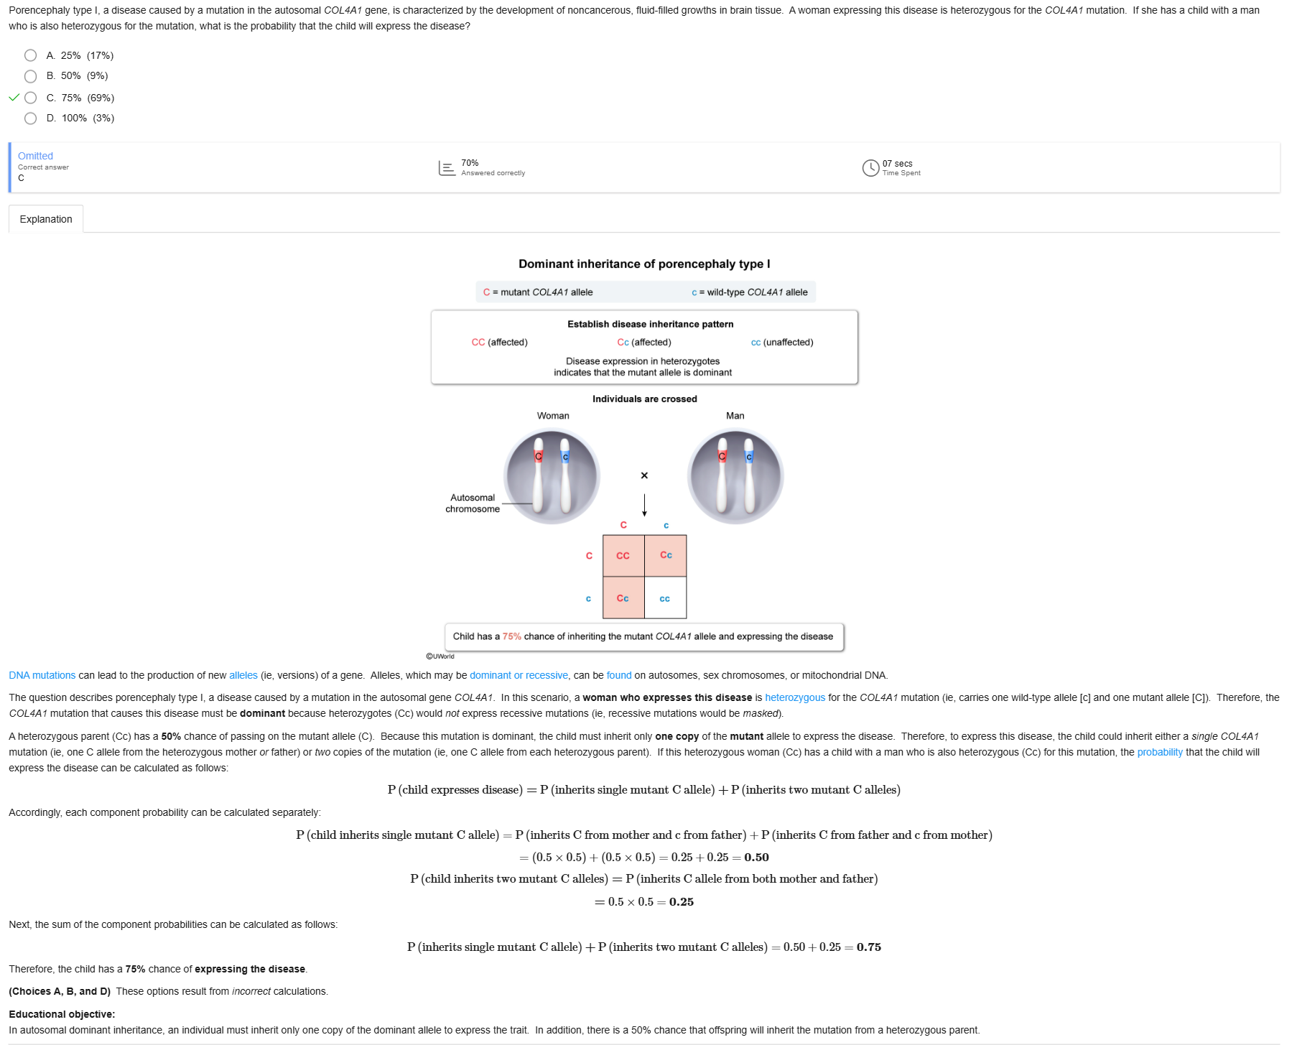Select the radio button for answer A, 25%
click(x=30, y=55)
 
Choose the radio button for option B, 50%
click(x=30, y=76)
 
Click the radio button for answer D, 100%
click(x=30, y=119)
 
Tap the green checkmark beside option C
click(x=14, y=98)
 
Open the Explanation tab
click(x=46, y=219)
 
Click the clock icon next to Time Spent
click(x=870, y=168)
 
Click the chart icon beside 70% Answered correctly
click(x=447, y=168)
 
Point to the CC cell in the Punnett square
click(x=623, y=556)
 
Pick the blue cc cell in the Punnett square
click(x=665, y=598)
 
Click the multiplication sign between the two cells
click(x=644, y=475)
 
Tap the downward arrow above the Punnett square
click(x=644, y=505)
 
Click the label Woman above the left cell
click(x=553, y=416)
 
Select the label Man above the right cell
click(x=735, y=416)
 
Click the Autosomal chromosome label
click(x=473, y=503)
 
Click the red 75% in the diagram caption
click(x=511, y=636)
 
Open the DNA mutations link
click(x=42, y=675)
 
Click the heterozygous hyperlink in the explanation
click(x=794, y=697)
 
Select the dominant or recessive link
click(x=519, y=675)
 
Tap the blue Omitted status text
click(x=35, y=156)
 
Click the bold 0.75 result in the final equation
click(x=868, y=947)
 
